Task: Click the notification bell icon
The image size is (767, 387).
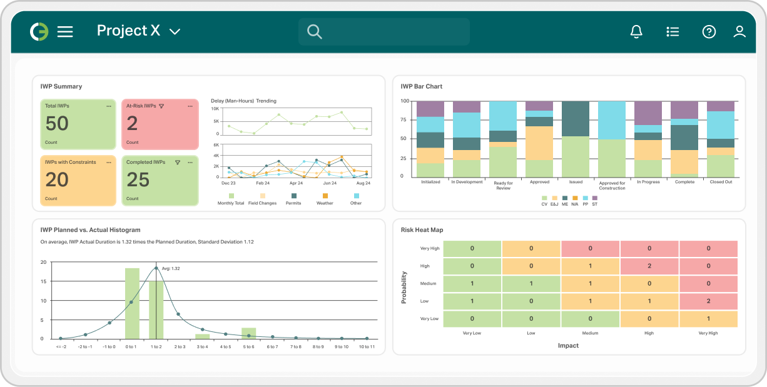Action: [636, 32]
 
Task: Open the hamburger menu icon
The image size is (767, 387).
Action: [65, 32]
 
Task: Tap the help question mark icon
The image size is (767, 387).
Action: [709, 32]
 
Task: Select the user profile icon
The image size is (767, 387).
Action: [739, 32]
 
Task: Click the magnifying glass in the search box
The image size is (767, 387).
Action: [314, 32]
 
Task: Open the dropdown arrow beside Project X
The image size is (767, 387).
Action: [175, 32]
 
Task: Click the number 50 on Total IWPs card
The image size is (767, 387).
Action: [57, 124]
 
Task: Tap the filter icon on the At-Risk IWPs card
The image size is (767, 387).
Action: [161, 106]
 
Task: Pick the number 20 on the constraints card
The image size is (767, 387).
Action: [57, 180]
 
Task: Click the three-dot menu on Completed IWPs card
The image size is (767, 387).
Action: [190, 163]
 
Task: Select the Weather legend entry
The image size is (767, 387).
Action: [325, 199]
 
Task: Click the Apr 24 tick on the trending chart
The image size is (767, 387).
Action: [297, 184]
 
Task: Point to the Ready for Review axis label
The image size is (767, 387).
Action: [504, 185]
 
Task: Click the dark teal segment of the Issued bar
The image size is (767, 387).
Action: [575, 119]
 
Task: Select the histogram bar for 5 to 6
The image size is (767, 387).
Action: [249, 333]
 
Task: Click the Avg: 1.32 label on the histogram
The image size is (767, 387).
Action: [171, 269]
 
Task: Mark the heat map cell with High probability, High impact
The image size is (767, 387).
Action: [649, 266]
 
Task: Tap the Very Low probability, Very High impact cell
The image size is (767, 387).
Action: [708, 319]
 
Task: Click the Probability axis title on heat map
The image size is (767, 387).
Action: [404, 288]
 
